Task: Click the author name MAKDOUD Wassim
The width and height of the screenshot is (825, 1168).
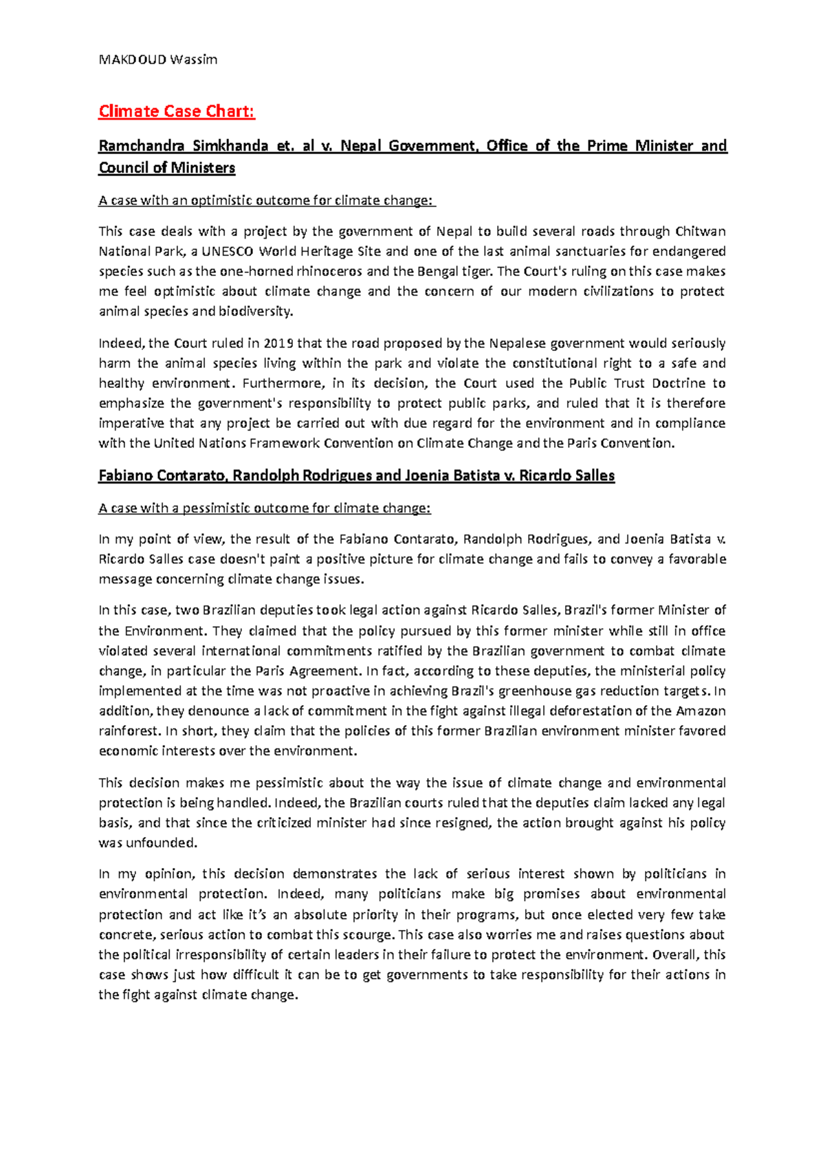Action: pyautogui.click(x=158, y=59)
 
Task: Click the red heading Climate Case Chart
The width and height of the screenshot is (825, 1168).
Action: pyautogui.click(x=177, y=111)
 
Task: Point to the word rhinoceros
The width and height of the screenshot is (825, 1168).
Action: pyautogui.click(x=329, y=271)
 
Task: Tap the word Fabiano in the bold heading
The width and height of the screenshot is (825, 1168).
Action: pyautogui.click(x=125, y=475)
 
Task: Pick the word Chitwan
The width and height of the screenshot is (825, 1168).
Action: pyautogui.click(x=701, y=231)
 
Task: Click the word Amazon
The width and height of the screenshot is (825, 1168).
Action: pyautogui.click(x=701, y=711)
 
